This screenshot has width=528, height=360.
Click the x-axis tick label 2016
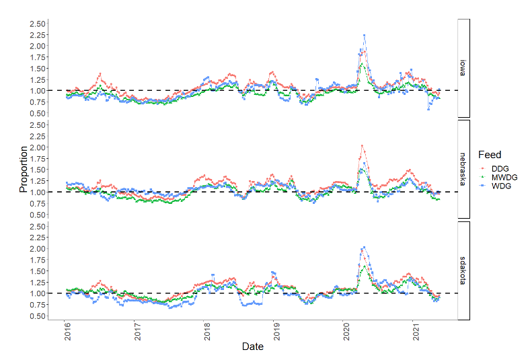pyautogui.click(x=67, y=333)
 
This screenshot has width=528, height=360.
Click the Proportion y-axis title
pyautogui.click(x=24, y=169)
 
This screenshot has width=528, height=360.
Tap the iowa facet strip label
pyautogui.click(x=463, y=68)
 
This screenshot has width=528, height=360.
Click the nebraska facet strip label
pyautogui.click(x=463, y=169)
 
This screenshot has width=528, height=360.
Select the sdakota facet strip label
pyautogui.click(x=463, y=270)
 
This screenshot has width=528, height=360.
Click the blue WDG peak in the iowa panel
pyautogui.click(x=364, y=35)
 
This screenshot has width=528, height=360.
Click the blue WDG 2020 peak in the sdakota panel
pyautogui.click(x=364, y=248)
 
